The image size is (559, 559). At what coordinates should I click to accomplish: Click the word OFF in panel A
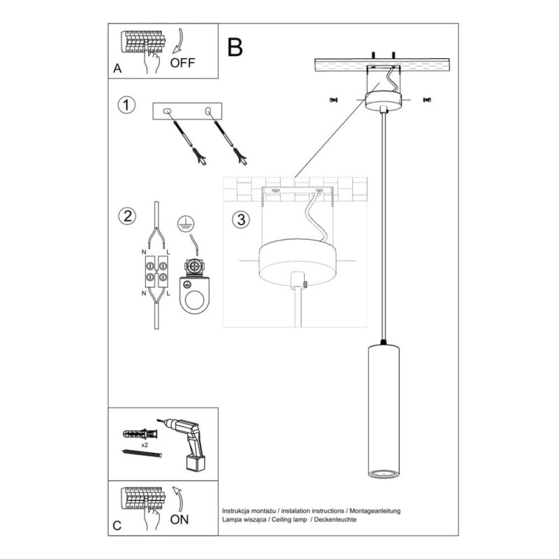[x=182, y=63]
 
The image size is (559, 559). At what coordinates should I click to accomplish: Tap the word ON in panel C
[x=180, y=519]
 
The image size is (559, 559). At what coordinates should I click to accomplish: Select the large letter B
[x=235, y=47]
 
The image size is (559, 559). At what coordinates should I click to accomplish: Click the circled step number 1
[x=126, y=106]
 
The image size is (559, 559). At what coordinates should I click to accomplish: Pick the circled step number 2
[x=127, y=217]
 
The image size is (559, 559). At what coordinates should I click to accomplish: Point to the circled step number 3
[x=241, y=219]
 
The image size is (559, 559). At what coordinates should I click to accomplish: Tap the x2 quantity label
[x=145, y=445]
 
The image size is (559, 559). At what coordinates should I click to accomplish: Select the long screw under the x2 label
[x=142, y=453]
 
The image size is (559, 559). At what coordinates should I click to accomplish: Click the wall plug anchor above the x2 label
[x=140, y=435]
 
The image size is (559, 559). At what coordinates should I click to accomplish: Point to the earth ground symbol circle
[x=185, y=224]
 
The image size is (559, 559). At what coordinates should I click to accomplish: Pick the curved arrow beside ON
[x=178, y=500]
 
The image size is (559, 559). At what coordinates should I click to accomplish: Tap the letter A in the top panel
[x=117, y=68]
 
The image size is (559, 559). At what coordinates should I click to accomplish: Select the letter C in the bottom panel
[x=117, y=526]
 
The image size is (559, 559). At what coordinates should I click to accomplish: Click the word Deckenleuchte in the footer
[x=335, y=519]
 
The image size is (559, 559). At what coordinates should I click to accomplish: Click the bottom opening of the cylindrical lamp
[x=384, y=474]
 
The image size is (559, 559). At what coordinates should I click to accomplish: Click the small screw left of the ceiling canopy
[x=334, y=100]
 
